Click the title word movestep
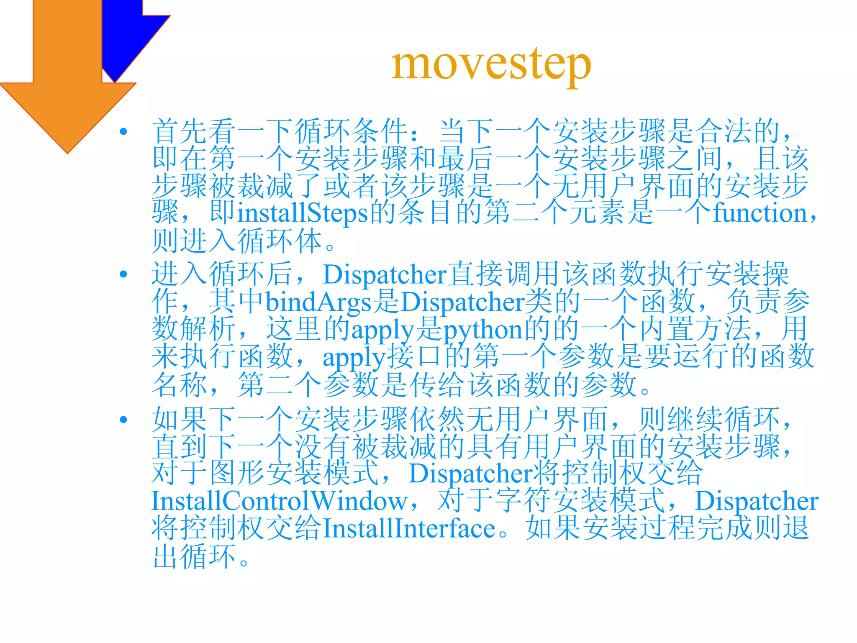(x=491, y=64)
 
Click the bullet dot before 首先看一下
(x=123, y=132)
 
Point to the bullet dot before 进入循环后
(x=123, y=274)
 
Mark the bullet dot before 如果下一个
(x=123, y=420)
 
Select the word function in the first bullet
(x=760, y=213)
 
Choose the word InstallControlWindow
(x=280, y=501)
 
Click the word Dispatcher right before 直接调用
(x=385, y=275)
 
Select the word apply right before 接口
(x=354, y=358)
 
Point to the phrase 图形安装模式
(x=294, y=473)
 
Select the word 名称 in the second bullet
(x=180, y=385)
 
